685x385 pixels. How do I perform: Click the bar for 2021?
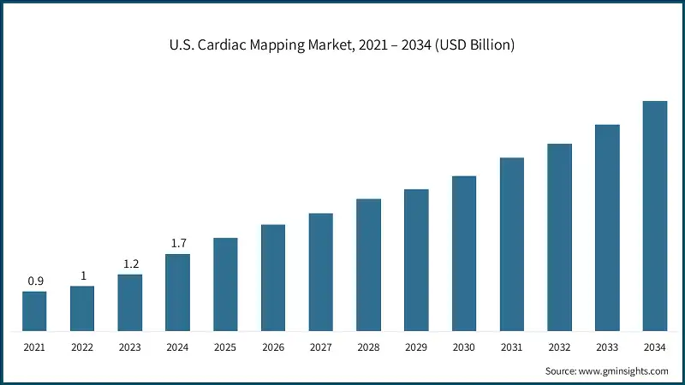34,311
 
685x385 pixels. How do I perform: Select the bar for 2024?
177,293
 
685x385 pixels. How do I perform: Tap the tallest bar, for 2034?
655,216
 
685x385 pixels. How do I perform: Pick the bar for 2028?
368,265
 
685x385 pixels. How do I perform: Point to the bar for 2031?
512,245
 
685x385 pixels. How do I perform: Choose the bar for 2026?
273,278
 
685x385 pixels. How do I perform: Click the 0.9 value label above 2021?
34,281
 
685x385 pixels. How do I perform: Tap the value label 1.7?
178,244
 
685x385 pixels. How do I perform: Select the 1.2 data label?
130,264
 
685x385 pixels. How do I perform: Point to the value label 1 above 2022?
82,275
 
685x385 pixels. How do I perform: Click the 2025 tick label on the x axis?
225,347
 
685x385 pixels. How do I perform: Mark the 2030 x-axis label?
464,347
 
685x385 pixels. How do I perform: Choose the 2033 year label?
607,347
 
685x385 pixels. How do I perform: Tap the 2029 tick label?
416,347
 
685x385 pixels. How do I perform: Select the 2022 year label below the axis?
82,347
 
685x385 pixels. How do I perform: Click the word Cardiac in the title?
227,44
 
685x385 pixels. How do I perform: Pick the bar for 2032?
559,238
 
